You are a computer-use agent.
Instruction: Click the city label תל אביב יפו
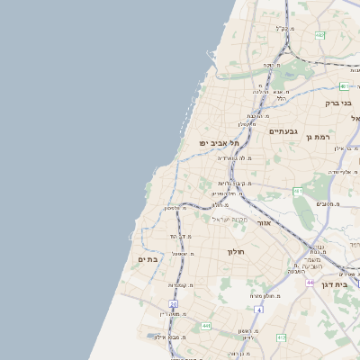(222, 142)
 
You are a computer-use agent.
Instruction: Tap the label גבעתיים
(283, 131)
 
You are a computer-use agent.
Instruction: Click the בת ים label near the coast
(148, 258)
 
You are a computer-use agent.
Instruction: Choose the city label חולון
(237, 251)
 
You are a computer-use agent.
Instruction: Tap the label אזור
(264, 221)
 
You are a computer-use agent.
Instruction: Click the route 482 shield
(320, 35)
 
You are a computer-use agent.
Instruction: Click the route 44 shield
(309, 283)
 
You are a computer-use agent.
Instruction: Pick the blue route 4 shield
(258, 310)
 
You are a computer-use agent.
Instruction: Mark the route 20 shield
(173, 304)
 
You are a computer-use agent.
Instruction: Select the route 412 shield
(281, 337)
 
